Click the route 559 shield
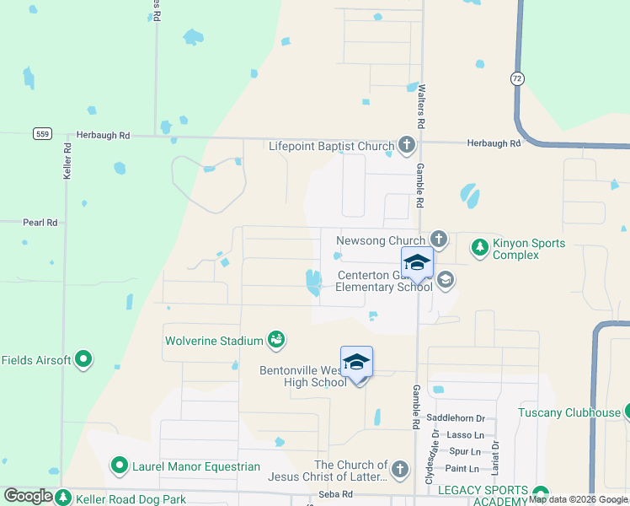click(43, 134)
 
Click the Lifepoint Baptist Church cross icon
click(407, 146)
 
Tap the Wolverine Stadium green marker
click(276, 340)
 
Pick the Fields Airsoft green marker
click(83, 360)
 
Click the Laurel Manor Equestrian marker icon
click(120, 466)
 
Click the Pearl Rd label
click(40, 223)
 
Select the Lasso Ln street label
click(466, 435)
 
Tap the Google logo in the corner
click(29, 496)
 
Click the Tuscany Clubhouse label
click(569, 412)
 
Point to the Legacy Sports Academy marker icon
click(540, 494)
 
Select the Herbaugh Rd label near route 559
click(103, 135)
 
